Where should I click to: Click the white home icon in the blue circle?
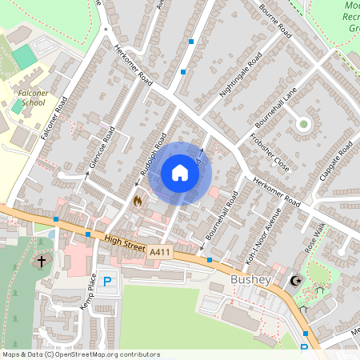pyautogui.click(x=180, y=173)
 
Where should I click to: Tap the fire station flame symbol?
pyautogui.click(x=137, y=201)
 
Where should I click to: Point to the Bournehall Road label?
pyautogui.click(x=221, y=214)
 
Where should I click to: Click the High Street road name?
pyautogui.click(x=124, y=242)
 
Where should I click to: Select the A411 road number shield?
pyautogui.click(x=158, y=251)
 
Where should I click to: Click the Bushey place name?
pyautogui.click(x=252, y=280)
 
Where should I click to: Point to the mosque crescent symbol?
pyautogui.click(x=296, y=280)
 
